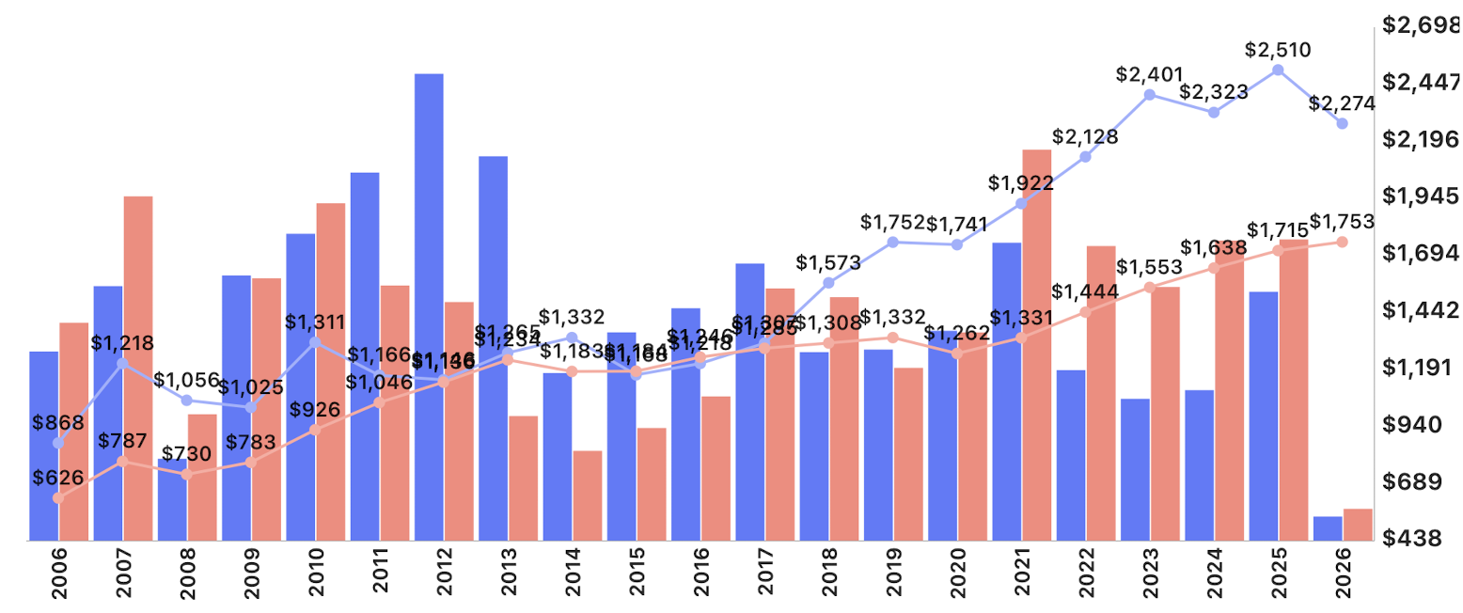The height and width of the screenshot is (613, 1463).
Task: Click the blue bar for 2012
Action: click(x=429, y=306)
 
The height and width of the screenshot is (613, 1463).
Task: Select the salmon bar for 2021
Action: click(x=1036, y=344)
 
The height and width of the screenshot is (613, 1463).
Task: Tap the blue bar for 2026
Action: click(x=1327, y=528)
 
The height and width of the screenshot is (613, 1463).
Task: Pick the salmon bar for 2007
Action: click(x=138, y=368)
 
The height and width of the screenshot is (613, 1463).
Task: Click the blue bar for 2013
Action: click(x=493, y=348)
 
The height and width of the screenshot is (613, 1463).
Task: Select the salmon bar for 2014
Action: click(x=588, y=495)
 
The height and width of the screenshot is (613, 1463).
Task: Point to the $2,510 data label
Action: click(x=1277, y=50)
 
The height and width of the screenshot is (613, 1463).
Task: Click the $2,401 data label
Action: click(x=1149, y=73)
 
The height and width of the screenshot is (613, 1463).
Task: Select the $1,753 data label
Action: click(x=1342, y=221)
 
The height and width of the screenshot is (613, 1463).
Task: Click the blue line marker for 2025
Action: click(x=1278, y=71)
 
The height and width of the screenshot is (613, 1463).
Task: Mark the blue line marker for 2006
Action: click(x=58, y=444)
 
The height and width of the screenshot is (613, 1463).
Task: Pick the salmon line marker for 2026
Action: click(x=1342, y=242)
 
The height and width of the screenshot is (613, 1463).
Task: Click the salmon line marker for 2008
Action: click(x=186, y=475)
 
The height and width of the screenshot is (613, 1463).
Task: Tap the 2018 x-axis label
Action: click(x=829, y=577)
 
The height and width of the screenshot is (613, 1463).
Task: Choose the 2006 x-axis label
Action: click(x=59, y=577)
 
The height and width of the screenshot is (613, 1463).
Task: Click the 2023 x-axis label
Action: click(x=1150, y=577)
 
